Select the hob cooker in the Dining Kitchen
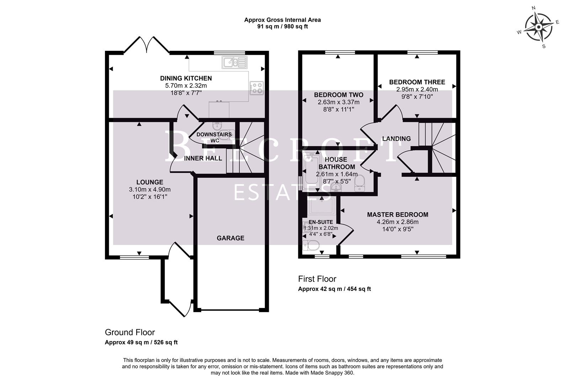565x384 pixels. (x=257, y=88)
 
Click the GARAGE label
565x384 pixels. (x=230, y=238)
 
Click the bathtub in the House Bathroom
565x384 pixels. (x=312, y=170)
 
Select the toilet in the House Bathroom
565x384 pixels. (x=360, y=182)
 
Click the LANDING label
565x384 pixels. (x=396, y=139)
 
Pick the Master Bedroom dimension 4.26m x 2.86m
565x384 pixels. (x=398, y=222)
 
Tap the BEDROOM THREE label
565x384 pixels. (x=417, y=82)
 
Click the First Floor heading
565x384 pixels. (x=317, y=279)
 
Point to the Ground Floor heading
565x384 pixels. (x=130, y=332)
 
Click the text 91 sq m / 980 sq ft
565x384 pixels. (x=282, y=27)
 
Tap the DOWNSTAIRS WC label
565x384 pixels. (x=214, y=138)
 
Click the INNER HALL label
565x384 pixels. (x=203, y=159)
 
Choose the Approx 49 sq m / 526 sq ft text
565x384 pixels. (x=141, y=343)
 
